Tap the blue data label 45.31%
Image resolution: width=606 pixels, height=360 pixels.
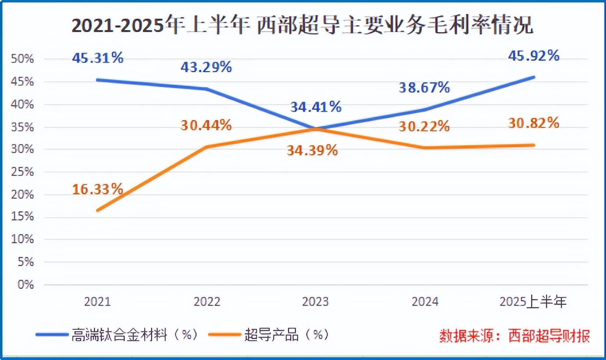[97, 58]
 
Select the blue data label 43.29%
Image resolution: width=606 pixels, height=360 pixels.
[206, 67]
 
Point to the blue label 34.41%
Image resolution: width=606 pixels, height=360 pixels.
[315, 107]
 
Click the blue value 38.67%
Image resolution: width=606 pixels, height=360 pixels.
[424, 87]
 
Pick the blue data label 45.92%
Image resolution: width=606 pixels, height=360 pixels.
[534, 56]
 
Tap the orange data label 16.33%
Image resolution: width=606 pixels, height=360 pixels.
[97, 189]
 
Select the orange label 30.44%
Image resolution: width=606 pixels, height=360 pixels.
[206, 125]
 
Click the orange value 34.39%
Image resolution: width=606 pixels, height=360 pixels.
[312, 150]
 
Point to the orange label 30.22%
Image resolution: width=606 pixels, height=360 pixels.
[424, 126]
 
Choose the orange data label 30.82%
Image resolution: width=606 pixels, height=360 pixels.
[534, 123]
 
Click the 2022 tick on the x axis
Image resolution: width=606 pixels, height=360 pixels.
[206, 302]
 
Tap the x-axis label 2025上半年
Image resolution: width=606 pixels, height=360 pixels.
[534, 302]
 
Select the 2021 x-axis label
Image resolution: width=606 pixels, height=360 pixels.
[97, 302]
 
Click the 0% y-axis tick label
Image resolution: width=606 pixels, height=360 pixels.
[25, 285]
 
